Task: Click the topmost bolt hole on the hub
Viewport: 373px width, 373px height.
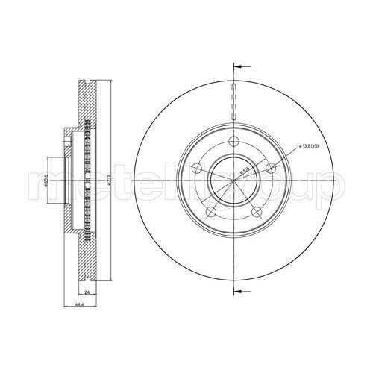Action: (x=234, y=142)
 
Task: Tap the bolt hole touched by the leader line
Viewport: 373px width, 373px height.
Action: (x=272, y=168)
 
